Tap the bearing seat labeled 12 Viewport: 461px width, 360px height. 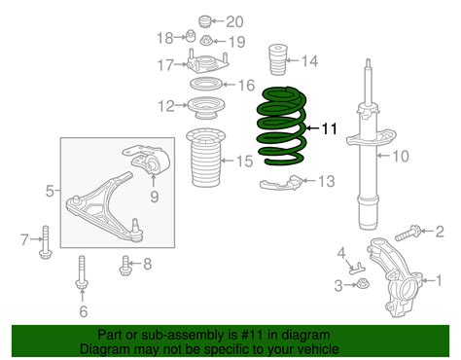click(203, 106)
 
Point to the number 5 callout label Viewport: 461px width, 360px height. click(50, 194)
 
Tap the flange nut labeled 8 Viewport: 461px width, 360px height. click(124, 262)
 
